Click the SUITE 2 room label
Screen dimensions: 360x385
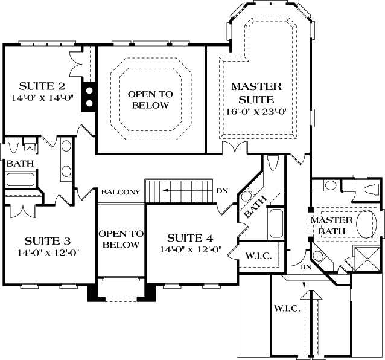42,85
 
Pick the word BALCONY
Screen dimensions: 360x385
121,192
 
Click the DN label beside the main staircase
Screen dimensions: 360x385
222,191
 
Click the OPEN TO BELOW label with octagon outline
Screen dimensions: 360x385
150,100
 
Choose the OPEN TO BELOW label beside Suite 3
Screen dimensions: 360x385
121,239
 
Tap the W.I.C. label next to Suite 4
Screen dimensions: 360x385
258,256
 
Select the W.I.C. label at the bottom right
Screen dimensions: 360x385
287,309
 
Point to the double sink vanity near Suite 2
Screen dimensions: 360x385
65,161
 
